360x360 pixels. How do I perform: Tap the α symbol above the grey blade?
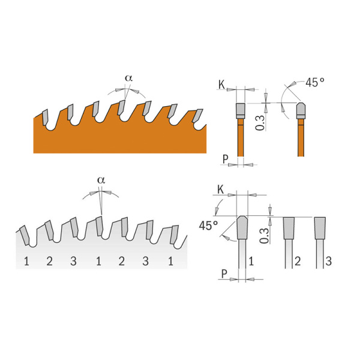[x=100, y=179]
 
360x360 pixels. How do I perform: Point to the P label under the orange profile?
[x=225, y=159]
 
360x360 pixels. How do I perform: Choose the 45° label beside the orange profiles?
[x=314, y=82]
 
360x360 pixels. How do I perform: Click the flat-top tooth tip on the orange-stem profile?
[x=239, y=109]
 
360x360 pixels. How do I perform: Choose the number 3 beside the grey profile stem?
[x=328, y=261]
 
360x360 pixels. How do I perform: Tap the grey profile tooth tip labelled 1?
[x=242, y=227]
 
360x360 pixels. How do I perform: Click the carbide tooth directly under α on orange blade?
[x=122, y=107]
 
